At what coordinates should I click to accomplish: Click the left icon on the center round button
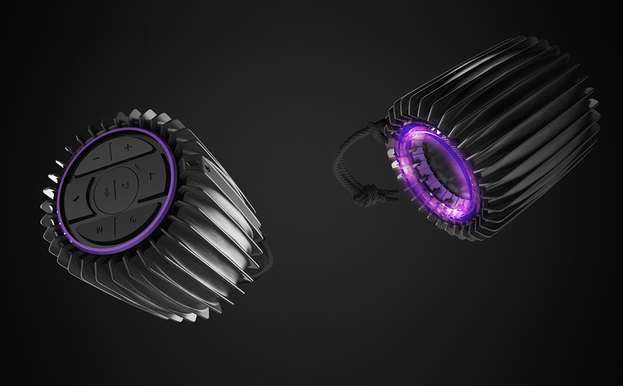coord(107,191)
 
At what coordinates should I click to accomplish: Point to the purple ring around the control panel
coord(167,196)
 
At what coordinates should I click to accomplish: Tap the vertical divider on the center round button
coord(116,188)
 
